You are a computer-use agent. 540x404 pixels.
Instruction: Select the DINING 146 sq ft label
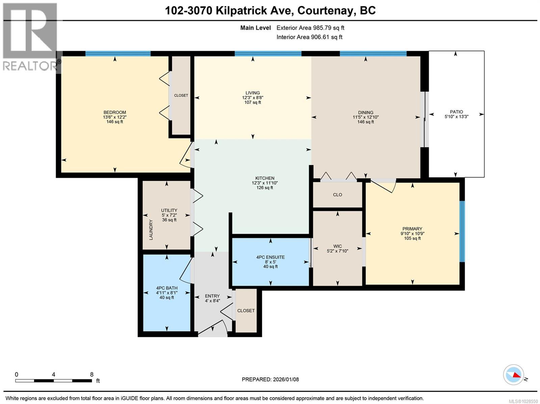366,117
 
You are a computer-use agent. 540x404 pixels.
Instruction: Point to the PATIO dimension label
456,114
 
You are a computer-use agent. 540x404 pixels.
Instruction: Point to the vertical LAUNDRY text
151,230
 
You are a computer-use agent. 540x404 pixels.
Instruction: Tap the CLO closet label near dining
337,195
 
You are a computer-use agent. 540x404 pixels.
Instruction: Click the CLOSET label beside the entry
246,311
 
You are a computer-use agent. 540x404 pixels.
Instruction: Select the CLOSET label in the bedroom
181,95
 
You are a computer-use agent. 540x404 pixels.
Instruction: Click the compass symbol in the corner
514,374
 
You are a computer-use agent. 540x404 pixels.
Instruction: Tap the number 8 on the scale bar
92,374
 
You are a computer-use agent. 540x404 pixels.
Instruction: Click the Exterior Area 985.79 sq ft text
310,28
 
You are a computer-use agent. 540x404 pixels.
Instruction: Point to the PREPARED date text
270,379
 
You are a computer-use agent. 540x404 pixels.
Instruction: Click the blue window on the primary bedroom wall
462,231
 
